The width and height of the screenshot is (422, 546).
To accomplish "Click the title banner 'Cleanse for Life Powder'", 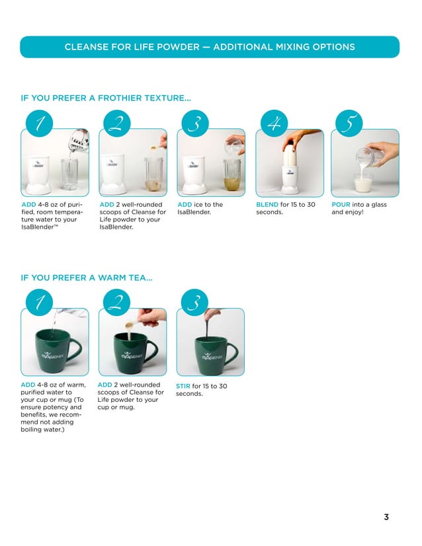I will [x=210, y=47].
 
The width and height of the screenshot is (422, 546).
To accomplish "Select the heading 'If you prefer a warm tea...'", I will [x=87, y=278].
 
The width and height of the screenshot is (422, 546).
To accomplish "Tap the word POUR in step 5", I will [x=341, y=205].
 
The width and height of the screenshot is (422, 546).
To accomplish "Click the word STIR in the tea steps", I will [x=183, y=386].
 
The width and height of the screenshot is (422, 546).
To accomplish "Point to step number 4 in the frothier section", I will [x=272, y=124].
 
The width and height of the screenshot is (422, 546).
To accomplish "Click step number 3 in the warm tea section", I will [x=194, y=303].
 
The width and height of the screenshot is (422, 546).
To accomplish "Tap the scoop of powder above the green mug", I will [x=133, y=324].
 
